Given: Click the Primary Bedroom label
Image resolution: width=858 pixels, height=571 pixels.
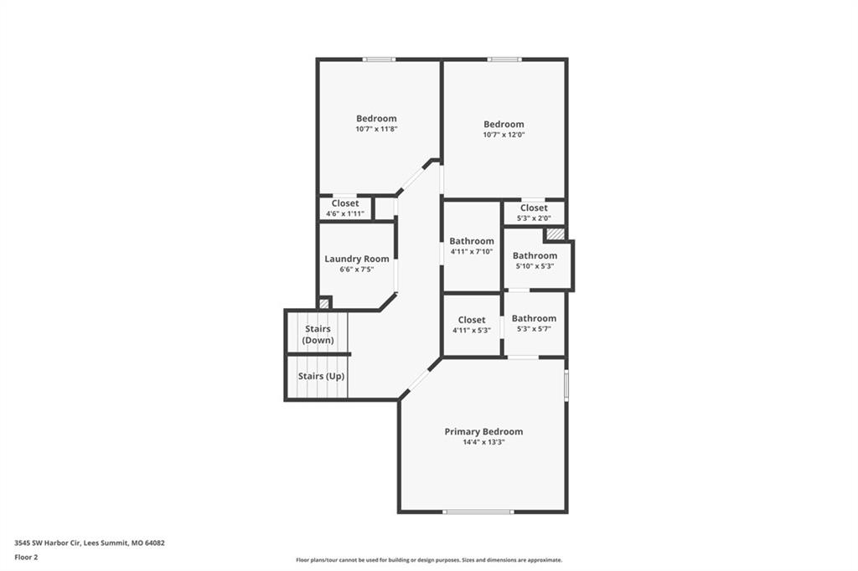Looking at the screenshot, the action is [x=483, y=431].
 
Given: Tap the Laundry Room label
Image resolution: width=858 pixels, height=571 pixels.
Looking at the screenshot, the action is [x=357, y=259].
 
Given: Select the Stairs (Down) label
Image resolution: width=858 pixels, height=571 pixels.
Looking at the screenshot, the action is [x=318, y=334].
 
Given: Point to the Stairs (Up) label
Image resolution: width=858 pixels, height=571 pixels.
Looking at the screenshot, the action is [x=321, y=376].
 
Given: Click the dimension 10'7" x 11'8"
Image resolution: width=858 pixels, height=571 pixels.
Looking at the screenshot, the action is [x=376, y=129].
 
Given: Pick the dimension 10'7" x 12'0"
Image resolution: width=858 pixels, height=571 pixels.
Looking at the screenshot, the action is [x=504, y=135].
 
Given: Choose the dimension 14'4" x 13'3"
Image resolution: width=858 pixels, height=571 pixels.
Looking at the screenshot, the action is [x=483, y=442].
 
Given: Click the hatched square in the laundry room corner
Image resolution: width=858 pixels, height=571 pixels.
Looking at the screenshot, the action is [x=324, y=302].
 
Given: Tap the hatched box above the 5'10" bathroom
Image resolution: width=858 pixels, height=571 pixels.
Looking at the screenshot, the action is [x=555, y=234].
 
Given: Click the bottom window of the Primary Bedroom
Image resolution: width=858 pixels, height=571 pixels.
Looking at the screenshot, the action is [x=478, y=512].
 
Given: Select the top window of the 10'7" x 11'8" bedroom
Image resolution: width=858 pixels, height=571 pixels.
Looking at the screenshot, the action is [x=379, y=59].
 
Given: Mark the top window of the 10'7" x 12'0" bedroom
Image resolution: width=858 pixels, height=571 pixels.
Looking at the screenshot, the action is [x=504, y=59].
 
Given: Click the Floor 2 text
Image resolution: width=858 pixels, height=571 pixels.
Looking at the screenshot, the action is [x=26, y=558].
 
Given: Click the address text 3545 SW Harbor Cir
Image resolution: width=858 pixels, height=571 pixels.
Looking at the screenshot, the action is [x=48, y=543].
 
